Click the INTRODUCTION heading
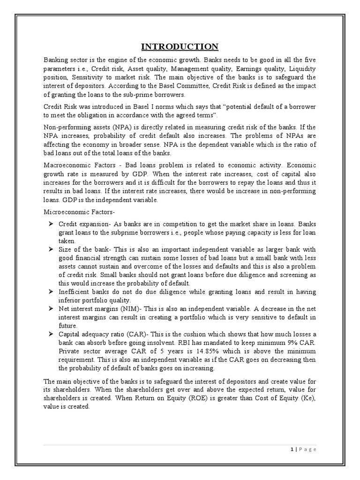click(x=180, y=46)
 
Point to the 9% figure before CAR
click(x=284, y=343)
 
